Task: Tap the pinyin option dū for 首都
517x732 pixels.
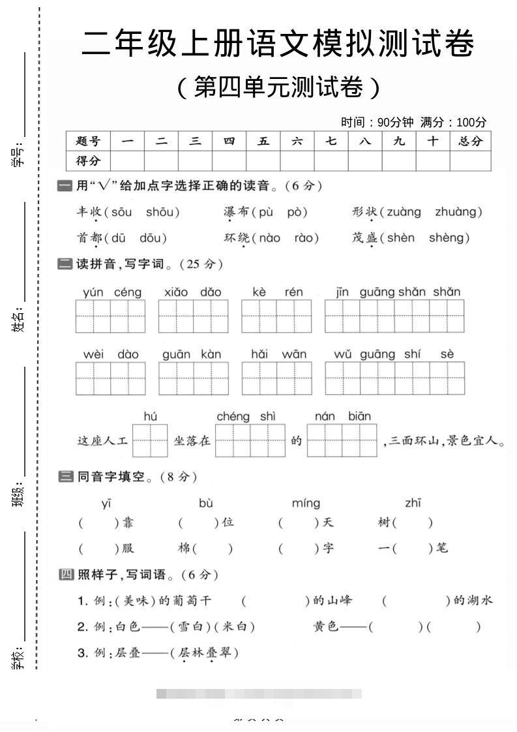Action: [x=120, y=238]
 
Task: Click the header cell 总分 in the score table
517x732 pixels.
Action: [x=470, y=141]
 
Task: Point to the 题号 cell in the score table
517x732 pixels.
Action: [x=88, y=141]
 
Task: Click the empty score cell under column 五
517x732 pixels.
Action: [x=263, y=160]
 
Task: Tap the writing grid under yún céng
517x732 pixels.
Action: [x=110, y=316]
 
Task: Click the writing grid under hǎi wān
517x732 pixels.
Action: [x=276, y=378]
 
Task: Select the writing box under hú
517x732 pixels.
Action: [x=150, y=440]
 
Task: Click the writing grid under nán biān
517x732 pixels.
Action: [x=342, y=440]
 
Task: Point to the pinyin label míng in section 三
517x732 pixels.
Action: [x=306, y=503]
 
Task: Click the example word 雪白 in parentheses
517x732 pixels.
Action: [x=189, y=627]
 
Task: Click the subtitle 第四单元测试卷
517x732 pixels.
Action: [x=278, y=87]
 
